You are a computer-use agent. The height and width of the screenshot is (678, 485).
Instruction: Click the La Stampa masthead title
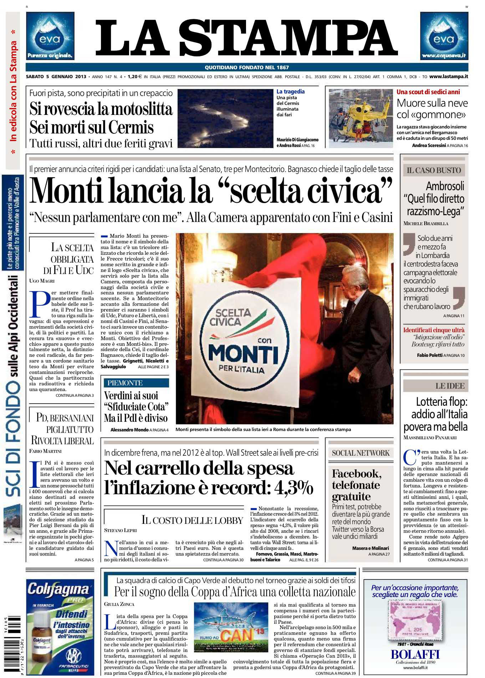(x=246, y=38)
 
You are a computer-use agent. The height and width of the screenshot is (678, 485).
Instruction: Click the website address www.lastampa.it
(x=449, y=76)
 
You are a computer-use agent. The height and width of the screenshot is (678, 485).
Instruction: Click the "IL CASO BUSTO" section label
(x=434, y=170)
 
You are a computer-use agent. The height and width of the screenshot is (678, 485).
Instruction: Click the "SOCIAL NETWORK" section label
(x=361, y=453)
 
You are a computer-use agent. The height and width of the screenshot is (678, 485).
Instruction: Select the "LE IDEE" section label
(x=450, y=386)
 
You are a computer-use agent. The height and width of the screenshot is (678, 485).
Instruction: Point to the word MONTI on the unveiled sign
(x=243, y=354)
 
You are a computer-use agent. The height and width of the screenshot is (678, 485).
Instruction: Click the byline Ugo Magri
(x=42, y=281)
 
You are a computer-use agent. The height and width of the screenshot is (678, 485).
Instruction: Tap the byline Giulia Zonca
(x=119, y=604)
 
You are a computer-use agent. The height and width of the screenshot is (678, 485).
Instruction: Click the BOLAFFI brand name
(x=415, y=654)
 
